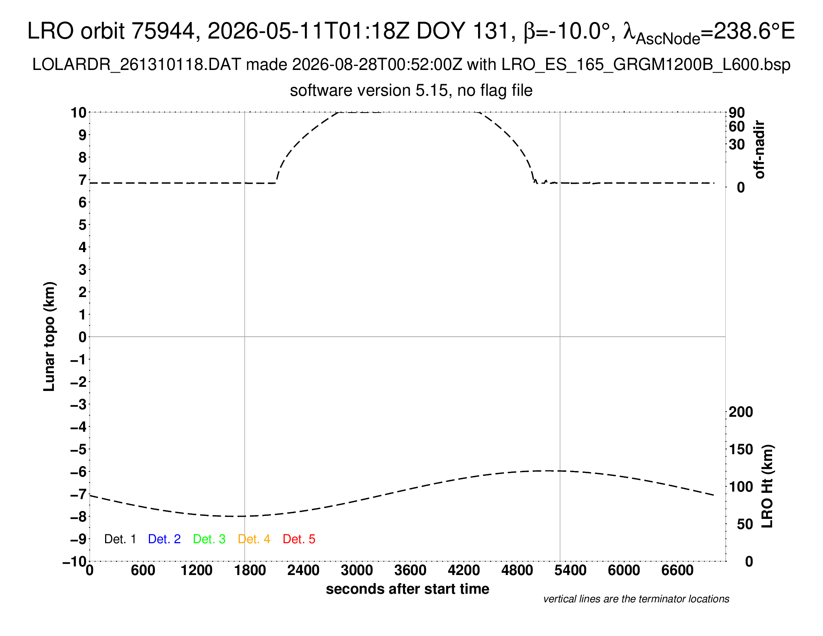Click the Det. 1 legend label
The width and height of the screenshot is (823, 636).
click(x=120, y=539)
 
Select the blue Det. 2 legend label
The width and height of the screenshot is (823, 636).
click(x=164, y=539)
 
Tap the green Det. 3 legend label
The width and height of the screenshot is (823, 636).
click(x=209, y=539)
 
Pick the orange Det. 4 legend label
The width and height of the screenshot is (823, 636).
click(x=254, y=539)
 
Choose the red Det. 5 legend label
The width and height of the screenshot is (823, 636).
click(x=299, y=539)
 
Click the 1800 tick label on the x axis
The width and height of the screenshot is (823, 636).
click(x=250, y=571)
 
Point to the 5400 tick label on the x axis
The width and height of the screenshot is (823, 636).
click(x=570, y=571)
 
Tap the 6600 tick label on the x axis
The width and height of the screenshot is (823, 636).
click(x=677, y=571)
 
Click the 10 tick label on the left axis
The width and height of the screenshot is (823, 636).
click(x=79, y=112)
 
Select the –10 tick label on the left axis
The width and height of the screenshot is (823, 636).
click(x=74, y=562)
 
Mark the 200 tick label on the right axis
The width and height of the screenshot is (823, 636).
click(x=741, y=412)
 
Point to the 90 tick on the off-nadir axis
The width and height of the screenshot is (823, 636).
click(x=737, y=112)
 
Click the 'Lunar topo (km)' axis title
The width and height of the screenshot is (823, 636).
click(x=49, y=336)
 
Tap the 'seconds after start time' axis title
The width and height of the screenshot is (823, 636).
click(x=407, y=589)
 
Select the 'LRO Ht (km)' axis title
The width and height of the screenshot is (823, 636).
click(x=767, y=486)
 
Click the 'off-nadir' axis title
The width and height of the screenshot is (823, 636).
click(x=759, y=150)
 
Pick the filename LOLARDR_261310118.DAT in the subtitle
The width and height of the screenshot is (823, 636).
click(x=137, y=65)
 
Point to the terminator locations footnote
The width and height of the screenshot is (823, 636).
click(x=636, y=599)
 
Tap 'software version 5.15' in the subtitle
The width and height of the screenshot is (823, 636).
click(x=369, y=91)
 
